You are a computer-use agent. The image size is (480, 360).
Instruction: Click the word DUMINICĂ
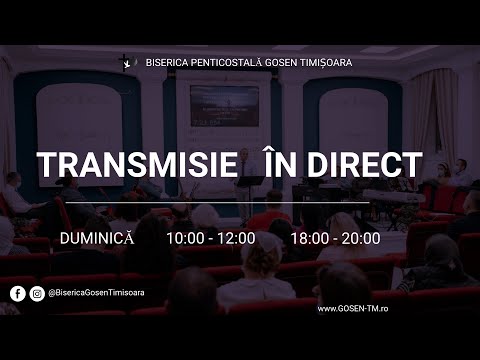[x=98, y=239]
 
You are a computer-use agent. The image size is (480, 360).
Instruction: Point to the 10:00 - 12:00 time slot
[x=210, y=239]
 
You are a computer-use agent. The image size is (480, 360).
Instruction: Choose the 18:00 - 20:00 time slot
[x=335, y=239]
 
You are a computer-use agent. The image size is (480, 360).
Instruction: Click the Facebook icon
[x=18, y=294]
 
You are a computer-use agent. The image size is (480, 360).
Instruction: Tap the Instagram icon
[x=37, y=294]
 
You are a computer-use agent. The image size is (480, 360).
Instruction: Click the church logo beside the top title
[x=126, y=62]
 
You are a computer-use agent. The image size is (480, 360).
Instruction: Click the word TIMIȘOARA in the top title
[x=322, y=62]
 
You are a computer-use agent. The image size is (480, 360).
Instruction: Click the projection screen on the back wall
[x=224, y=105]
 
